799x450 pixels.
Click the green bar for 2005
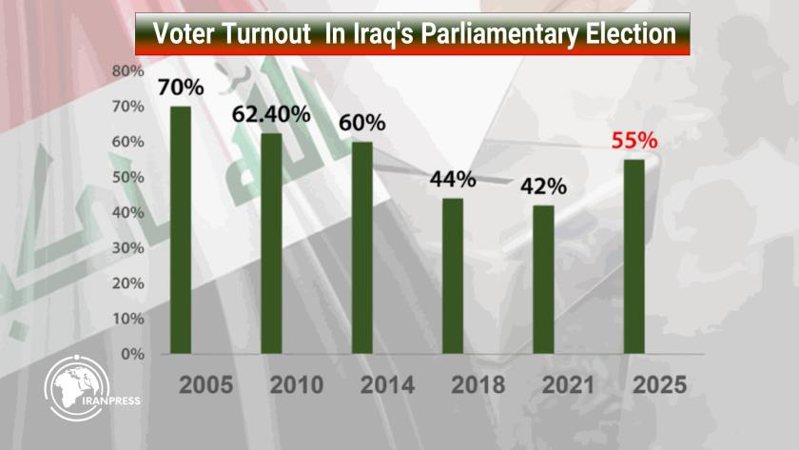pyautogui.click(x=180, y=229)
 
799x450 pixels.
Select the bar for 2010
pyautogui.click(x=271, y=243)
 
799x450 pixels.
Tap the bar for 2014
pyautogui.click(x=361, y=247)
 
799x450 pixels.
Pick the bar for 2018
pyautogui.click(x=453, y=275)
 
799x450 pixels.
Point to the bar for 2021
pyautogui.click(x=543, y=279)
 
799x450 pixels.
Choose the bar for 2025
pyautogui.click(x=633, y=256)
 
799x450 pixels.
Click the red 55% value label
pyautogui.click(x=633, y=141)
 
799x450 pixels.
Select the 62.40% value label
pyautogui.click(x=272, y=114)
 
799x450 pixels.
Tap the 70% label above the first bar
pyautogui.click(x=181, y=88)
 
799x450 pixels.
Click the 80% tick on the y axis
pyautogui.click(x=127, y=71)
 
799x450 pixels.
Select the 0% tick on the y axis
pyautogui.click(x=130, y=354)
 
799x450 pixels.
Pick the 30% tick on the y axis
pyautogui.click(x=127, y=247)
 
